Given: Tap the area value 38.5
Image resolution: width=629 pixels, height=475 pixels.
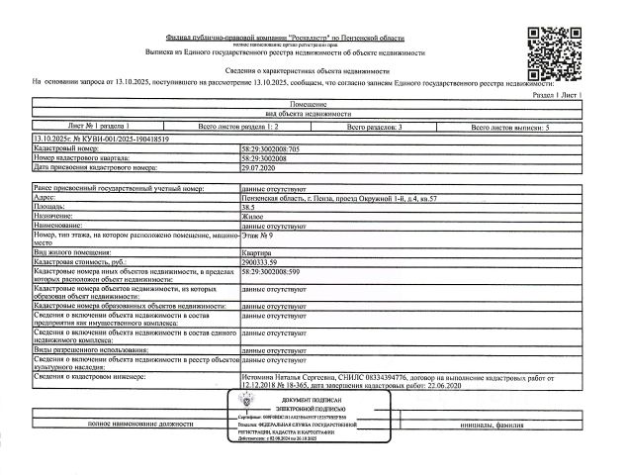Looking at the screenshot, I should click(249, 206).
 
